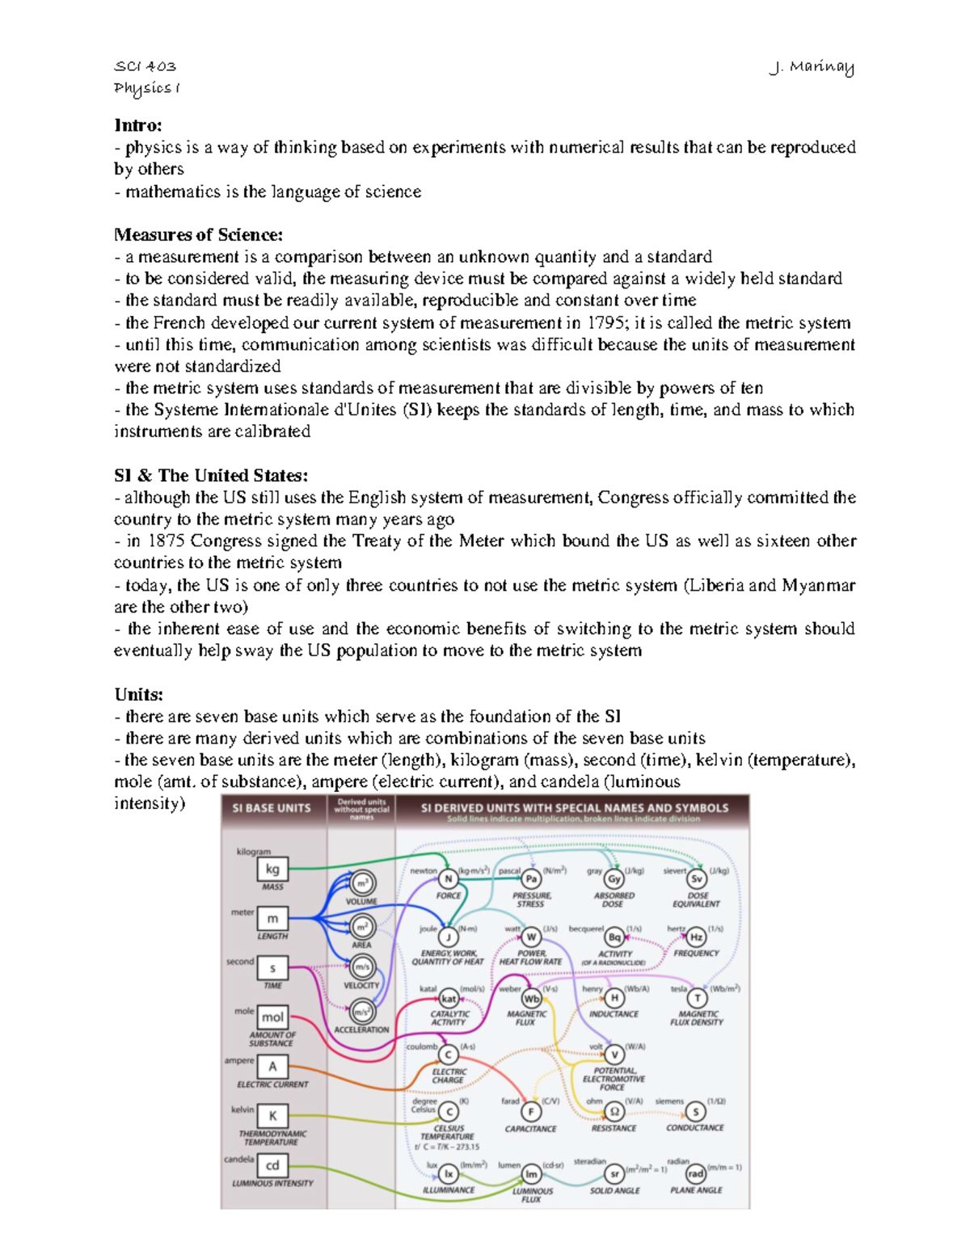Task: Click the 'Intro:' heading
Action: click(x=138, y=125)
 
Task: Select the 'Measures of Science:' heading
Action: click(x=199, y=235)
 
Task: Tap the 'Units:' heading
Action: click(x=139, y=694)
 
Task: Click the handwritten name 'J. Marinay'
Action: click(x=812, y=68)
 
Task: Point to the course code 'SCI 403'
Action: click(x=145, y=66)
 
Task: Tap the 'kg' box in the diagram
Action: click(x=272, y=870)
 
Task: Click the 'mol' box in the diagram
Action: click(x=272, y=1017)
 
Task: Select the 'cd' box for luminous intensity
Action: click(x=272, y=1165)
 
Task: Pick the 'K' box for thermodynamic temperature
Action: click(x=272, y=1116)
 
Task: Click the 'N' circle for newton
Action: click(x=448, y=879)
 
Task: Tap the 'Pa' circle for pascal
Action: click(x=531, y=879)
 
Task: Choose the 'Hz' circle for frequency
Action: click(x=696, y=937)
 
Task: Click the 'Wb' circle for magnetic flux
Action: click(x=531, y=999)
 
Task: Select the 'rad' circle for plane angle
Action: click(x=696, y=1173)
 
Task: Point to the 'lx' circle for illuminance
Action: click(x=448, y=1174)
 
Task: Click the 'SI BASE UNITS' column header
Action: click(x=272, y=808)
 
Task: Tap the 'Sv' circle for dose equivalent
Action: click(x=697, y=879)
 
